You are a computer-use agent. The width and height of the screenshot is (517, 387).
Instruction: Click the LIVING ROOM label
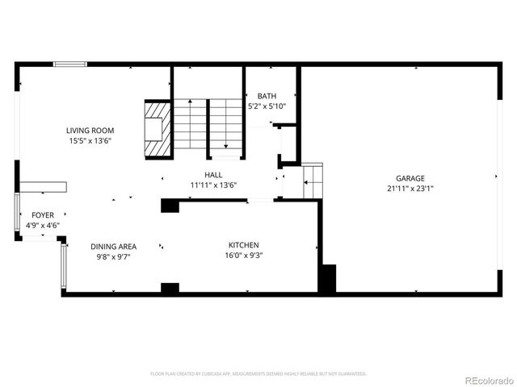coord(90,130)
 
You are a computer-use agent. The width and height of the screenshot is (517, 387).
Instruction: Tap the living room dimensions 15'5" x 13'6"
coord(90,140)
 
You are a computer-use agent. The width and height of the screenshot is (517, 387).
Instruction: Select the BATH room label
coord(266,95)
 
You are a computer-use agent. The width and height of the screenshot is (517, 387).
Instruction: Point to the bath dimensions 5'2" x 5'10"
coord(266,106)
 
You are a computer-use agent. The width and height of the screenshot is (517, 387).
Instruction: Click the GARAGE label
coord(410,178)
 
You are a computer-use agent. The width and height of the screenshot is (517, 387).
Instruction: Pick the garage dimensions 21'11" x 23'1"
coord(410,189)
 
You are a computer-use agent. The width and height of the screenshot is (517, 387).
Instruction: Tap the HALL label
coord(213,174)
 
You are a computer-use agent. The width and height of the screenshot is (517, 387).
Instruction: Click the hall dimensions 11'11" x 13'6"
coord(213,185)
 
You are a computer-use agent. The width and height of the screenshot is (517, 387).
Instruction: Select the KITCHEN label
coord(243,245)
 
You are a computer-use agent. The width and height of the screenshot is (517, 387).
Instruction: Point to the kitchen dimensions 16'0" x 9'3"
coord(243,256)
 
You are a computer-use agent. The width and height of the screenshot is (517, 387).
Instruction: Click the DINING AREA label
coord(113,247)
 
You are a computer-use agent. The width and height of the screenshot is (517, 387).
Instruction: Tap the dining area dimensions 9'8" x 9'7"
coord(113,257)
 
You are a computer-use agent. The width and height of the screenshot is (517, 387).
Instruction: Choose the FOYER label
coord(44,215)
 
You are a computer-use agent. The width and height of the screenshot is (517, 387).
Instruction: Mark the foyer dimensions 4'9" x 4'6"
coord(44,226)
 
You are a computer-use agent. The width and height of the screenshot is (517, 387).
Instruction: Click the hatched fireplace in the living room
coord(157,128)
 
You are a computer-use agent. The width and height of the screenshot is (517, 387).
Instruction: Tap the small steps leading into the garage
coord(313,181)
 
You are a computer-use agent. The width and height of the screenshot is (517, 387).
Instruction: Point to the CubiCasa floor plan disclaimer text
coord(258,374)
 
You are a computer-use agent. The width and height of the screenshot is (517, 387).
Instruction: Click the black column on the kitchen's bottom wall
coord(170,288)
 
